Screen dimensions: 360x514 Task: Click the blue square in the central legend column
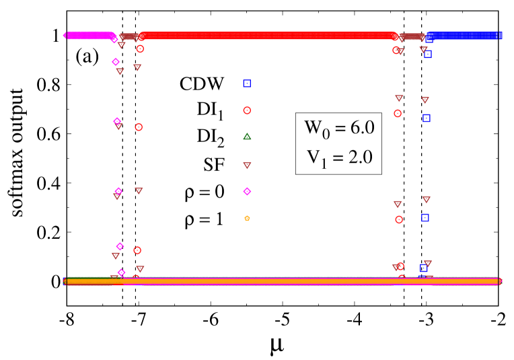tap(247, 83)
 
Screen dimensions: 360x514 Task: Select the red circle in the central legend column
tap(247, 110)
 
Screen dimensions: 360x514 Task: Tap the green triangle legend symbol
tap(247, 137)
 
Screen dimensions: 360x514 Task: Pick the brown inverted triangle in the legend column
tap(247, 166)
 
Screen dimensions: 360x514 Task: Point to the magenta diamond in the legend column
tap(247, 192)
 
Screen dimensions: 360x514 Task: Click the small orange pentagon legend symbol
tap(247, 218)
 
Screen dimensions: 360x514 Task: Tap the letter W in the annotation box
tap(314, 127)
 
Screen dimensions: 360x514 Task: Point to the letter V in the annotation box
tap(313, 157)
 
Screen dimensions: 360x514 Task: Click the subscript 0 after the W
tap(326, 134)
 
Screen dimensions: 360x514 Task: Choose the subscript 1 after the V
tap(324, 164)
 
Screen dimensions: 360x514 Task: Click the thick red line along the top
tap(269, 36)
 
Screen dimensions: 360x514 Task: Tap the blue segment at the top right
tap(464, 36)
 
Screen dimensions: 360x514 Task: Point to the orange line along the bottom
tap(283, 281)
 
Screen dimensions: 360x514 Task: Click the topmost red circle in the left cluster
tap(140, 49)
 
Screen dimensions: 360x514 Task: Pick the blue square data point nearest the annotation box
tap(426, 118)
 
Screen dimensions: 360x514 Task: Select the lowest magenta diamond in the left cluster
tap(121, 273)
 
